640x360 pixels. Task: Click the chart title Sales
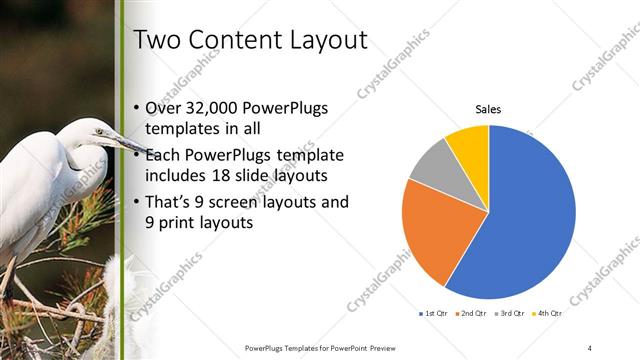[x=488, y=109]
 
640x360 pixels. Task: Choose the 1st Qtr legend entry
[x=433, y=314]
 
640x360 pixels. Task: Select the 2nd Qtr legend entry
[x=472, y=314]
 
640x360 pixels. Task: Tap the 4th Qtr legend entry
[x=549, y=314]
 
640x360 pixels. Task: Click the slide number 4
[x=590, y=347]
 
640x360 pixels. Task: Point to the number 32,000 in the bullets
[x=215, y=108]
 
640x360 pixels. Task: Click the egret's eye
[x=99, y=131]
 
